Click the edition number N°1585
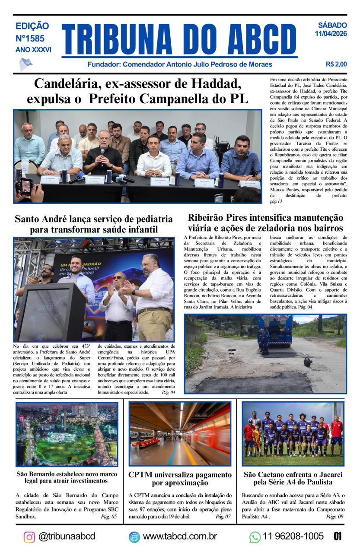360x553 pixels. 33,38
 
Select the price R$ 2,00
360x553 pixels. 336,64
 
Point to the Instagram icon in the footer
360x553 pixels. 29,537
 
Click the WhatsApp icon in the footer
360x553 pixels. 255,537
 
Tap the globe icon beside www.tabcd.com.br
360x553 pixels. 134,537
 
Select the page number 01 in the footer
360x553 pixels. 338,536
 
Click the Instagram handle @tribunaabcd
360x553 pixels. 67,536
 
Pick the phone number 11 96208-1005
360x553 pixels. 293,536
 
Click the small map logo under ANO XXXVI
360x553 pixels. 25,64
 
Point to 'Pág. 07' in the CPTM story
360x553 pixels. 223,516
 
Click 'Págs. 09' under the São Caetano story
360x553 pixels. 335,516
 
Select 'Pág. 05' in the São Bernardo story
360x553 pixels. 108,516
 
